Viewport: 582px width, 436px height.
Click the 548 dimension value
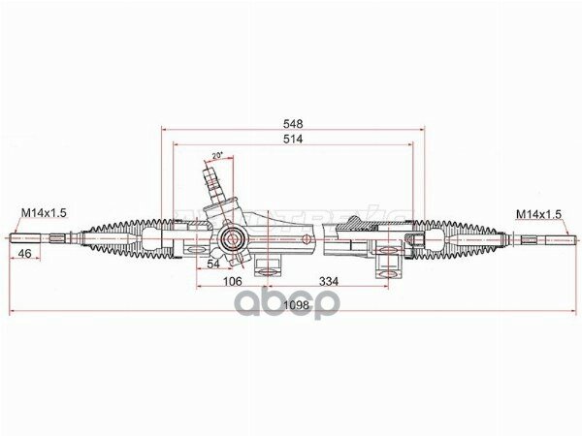tap(293, 124)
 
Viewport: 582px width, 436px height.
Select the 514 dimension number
tap(293, 140)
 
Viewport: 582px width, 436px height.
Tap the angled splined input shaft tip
tap(210, 178)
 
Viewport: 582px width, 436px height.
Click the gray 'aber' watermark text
tap(290, 302)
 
